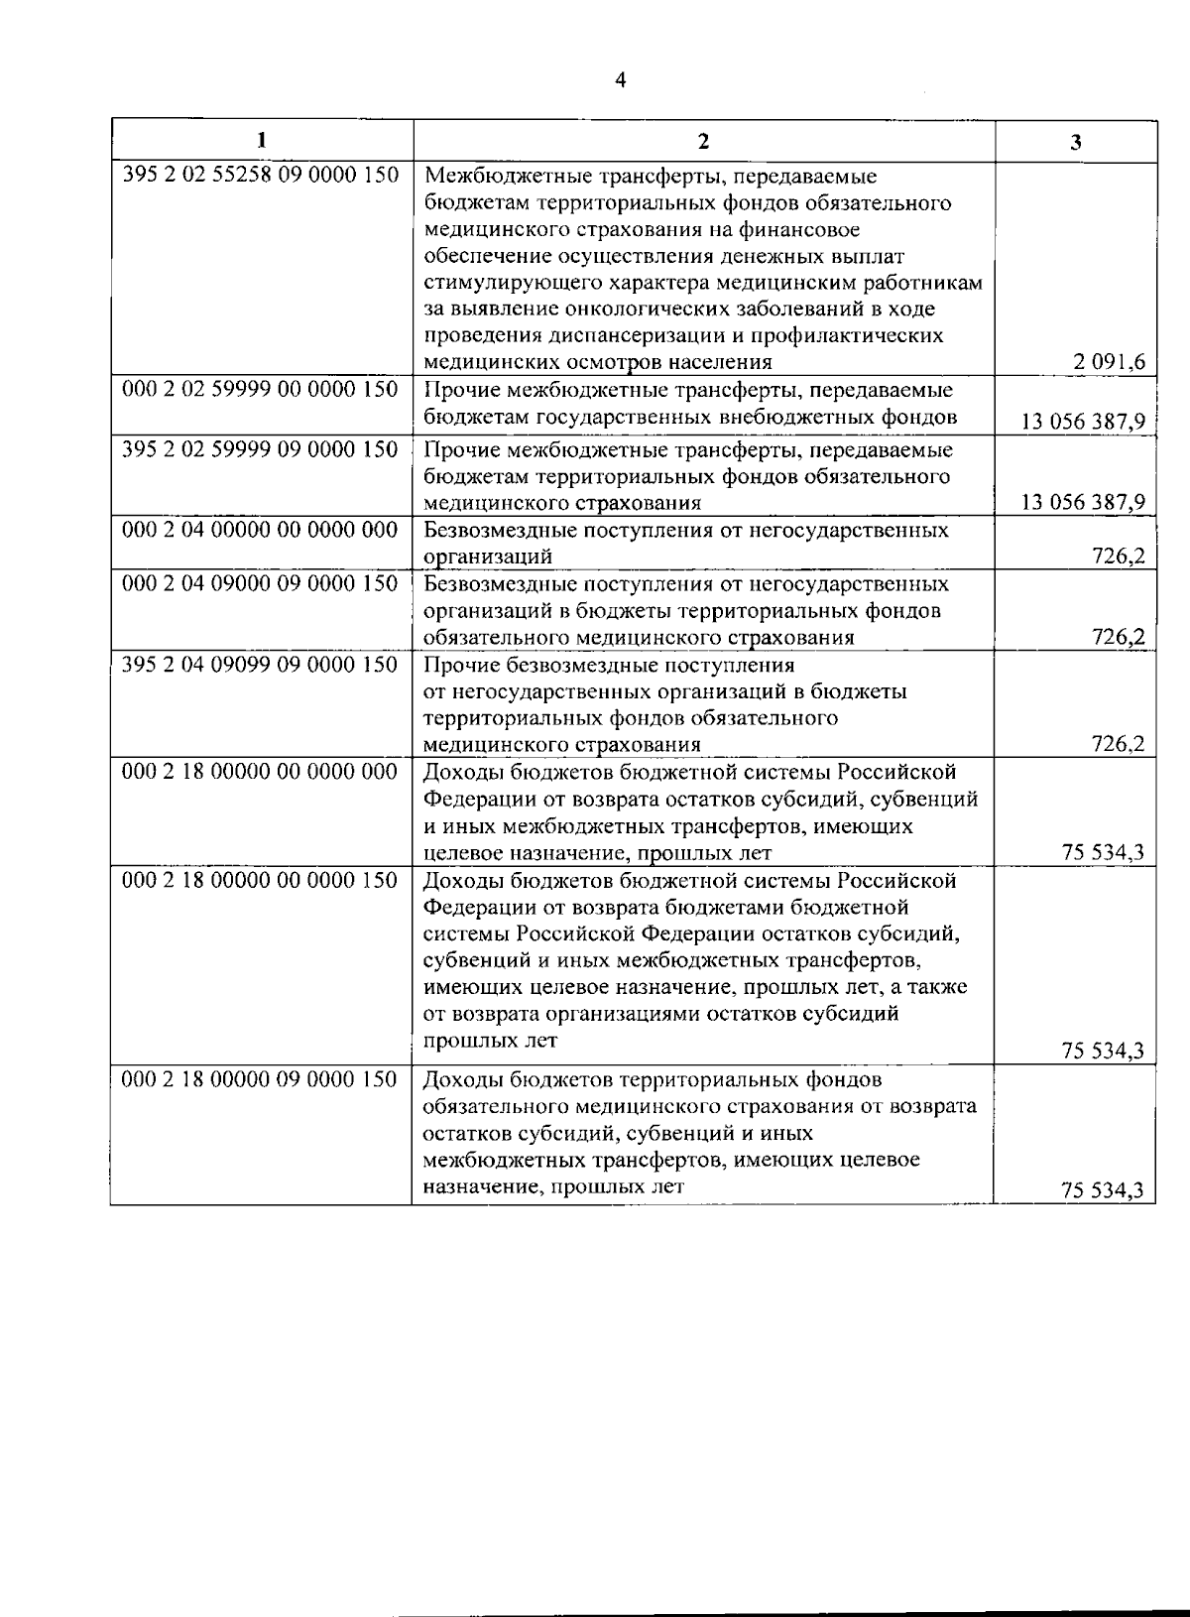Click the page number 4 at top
621,80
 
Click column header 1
261,140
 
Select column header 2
703,141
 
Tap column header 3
1076,142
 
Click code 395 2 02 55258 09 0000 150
260,176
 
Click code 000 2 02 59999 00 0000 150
260,388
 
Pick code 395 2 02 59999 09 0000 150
260,449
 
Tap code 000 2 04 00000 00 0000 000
260,530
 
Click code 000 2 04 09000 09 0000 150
260,583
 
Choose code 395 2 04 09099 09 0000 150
260,664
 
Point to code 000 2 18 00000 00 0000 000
260,772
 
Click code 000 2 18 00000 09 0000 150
260,1078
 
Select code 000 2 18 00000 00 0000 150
260,880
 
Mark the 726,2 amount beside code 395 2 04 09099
1119,744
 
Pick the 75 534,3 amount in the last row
1103,1191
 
